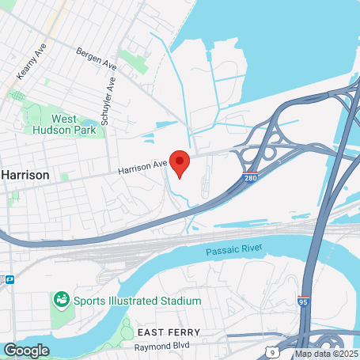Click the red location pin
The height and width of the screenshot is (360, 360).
tap(180, 161)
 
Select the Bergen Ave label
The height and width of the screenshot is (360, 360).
tap(97, 62)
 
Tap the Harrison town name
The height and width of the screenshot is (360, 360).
tap(25, 174)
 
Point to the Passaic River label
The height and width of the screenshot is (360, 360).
tap(233, 252)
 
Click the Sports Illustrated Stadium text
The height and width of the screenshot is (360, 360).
tap(138, 301)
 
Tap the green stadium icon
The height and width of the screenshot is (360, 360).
tap(61, 301)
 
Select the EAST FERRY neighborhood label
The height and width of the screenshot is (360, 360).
tap(168, 332)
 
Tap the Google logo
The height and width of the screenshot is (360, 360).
tap(25, 350)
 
